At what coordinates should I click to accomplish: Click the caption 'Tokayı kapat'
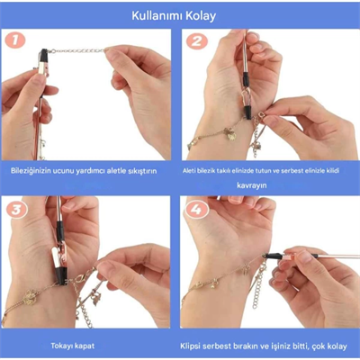(x=93, y=344)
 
